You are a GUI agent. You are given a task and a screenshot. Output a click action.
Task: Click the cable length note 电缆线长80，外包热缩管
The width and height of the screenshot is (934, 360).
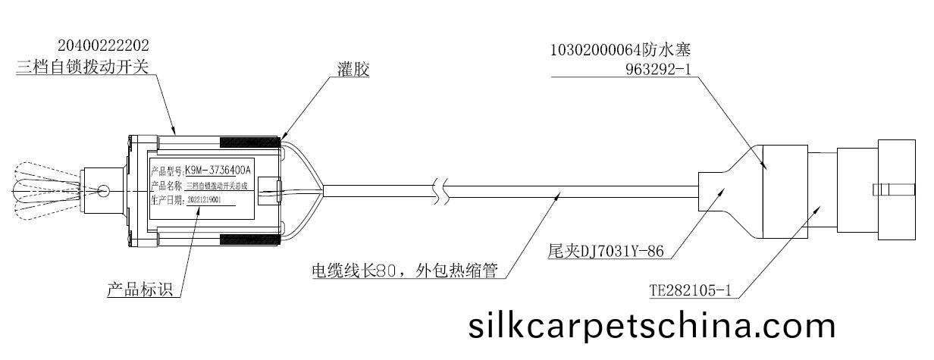point(405,271)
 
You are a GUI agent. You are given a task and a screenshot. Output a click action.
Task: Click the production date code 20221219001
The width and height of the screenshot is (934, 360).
point(208,200)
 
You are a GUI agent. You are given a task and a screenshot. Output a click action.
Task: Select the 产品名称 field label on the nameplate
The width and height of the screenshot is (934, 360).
point(165,186)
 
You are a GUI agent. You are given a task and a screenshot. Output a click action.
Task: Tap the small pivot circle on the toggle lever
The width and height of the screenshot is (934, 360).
point(102,190)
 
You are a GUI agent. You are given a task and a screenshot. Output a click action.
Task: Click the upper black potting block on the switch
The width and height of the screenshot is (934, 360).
point(250,142)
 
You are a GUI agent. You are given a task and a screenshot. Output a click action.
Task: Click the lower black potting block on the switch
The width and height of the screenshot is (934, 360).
point(250,240)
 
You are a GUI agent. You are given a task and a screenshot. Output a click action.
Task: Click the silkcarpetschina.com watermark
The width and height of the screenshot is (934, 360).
point(652,326)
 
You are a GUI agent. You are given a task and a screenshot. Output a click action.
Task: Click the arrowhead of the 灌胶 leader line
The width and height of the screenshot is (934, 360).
point(282,139)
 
